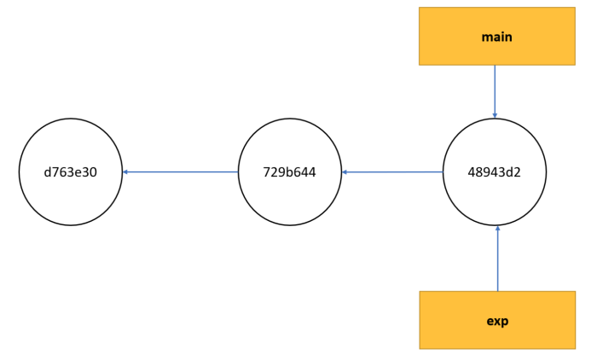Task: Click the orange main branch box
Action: point(497,36)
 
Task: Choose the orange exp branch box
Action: point(497,320)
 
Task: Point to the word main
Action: point(497,37)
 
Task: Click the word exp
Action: point(497,321)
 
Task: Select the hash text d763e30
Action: point(71,172)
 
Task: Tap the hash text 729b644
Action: point(289,172)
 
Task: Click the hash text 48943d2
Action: point(494,172)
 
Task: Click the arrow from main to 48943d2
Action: point(495,92)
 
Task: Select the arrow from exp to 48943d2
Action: point(497,258)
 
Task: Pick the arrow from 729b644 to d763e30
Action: point(180,171)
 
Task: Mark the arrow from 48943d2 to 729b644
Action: point(392,172)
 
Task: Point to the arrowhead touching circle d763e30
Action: point(125,171)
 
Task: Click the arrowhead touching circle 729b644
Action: point(345,172)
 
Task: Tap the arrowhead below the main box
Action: point(495,115)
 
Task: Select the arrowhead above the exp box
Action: point(497,228)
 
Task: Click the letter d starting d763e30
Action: point(48,172)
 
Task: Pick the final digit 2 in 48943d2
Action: point(517,172)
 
